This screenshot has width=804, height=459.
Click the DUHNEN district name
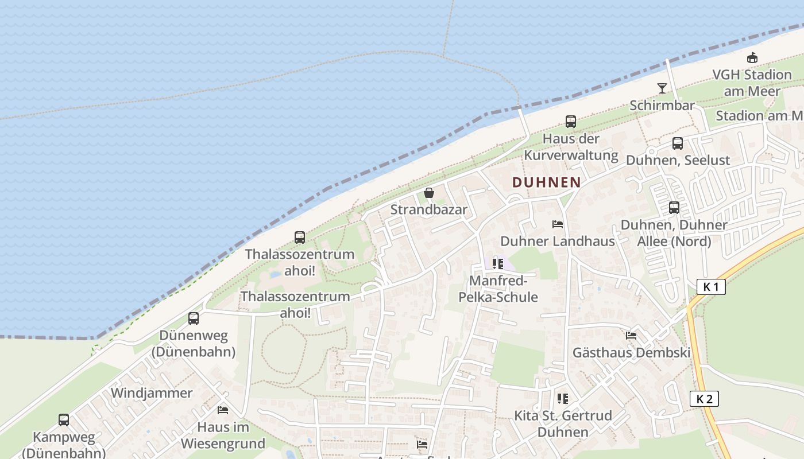coord(546,182)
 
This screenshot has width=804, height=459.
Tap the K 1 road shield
coord(711,287)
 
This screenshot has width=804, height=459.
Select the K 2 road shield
coord(704,399)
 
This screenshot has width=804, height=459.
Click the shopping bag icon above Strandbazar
coord(428,193)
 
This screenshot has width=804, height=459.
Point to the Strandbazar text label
coord(429,209)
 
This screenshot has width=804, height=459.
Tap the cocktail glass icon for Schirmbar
coord(662,88)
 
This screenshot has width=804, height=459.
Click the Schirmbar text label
coord(662,106)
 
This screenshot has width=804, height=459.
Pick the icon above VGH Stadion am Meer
coord(752,58)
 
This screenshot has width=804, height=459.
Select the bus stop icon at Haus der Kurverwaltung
coord(570,122)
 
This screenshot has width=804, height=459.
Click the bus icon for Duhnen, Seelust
coord(678,143)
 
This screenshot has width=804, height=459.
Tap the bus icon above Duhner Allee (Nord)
coord(674,208)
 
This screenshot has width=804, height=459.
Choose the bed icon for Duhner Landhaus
coord(557,224)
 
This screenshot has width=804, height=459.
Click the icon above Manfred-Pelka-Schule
coord(497,264)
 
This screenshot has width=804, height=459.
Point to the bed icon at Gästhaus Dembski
coord(631,335)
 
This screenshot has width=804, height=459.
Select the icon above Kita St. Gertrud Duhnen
coord(562,398)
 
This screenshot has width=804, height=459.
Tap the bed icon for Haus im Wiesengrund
coord(223,410)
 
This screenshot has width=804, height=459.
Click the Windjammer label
coord(152,393)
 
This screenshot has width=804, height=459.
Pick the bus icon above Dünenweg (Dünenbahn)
coord(194,318)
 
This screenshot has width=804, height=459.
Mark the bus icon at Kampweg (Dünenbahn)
coord(64,420)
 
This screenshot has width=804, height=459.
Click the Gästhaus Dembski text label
coord(631,352)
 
